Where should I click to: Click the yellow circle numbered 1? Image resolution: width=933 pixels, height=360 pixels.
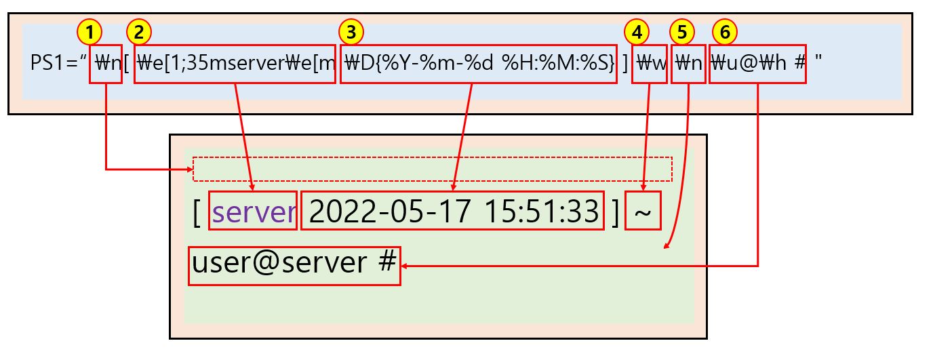[x=90, y=31]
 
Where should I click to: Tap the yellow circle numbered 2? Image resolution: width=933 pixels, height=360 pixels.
[x=139, y=31]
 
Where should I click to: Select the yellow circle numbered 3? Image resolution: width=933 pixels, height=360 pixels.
[x=351, y=31]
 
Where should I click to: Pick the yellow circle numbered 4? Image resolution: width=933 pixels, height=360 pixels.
[x=637, y=31]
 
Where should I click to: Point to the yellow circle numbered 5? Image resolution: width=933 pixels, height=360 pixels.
[x=681, y=31]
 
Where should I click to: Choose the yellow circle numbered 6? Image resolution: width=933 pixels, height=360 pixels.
[x=724, y=31]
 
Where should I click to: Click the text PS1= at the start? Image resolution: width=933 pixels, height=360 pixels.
[x=54, y=64]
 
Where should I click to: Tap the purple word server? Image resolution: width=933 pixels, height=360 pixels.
[x=254, y=212]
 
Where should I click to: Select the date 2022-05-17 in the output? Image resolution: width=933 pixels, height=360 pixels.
[x=389, y=212]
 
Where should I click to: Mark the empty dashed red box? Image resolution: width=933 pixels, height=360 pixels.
[x=432, y=169]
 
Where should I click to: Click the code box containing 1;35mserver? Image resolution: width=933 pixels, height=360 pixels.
[x=235, y=64]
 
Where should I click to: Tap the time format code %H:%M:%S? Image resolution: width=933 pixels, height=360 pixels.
[x=556, y=64]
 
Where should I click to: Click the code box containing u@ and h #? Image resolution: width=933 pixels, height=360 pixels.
[x=757, y=64]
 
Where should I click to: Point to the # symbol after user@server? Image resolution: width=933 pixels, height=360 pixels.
[x=386, y=262]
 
